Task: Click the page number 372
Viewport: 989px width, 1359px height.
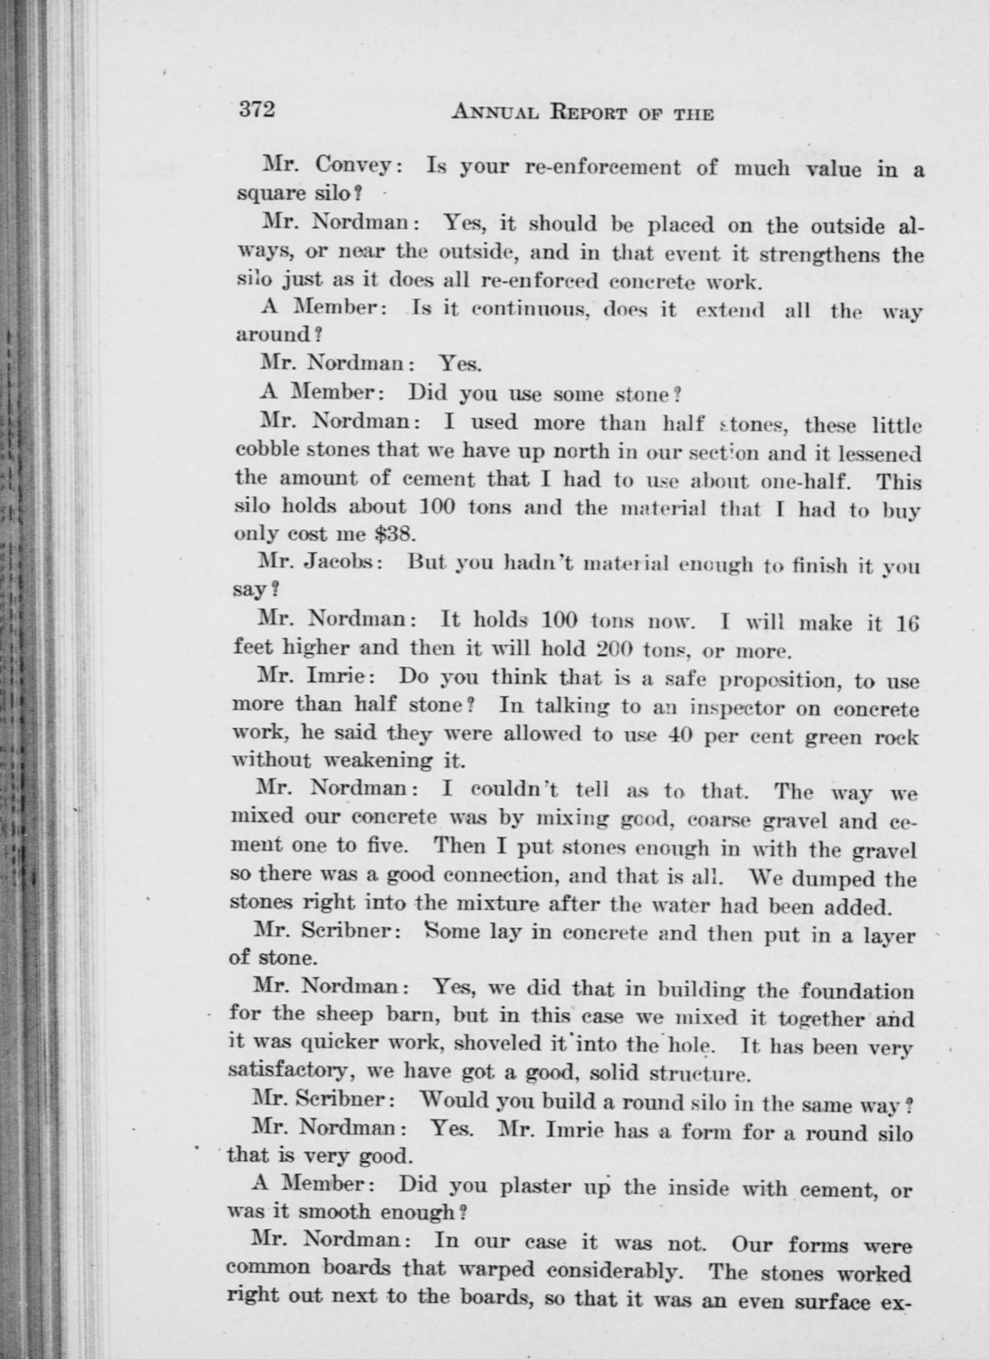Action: coord(256,110)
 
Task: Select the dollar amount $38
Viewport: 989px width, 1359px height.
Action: coord(394,533)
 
